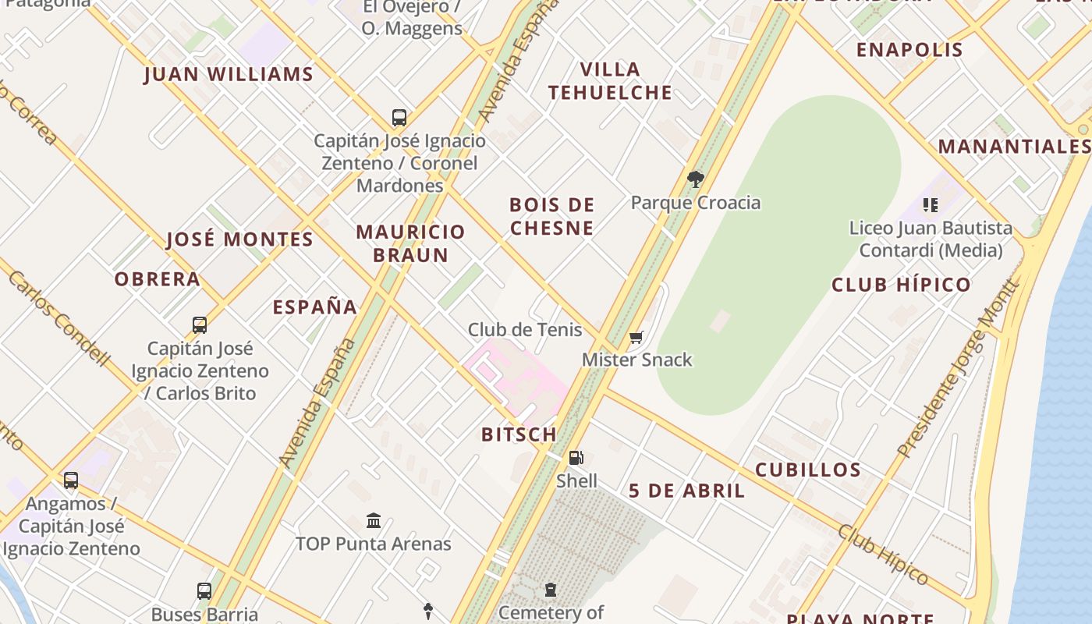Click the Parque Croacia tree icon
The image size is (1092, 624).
[695, 179]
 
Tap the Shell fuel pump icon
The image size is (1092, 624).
[576, 458]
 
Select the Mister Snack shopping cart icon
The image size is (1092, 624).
[636, 338]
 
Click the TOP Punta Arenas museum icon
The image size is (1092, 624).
[374, 520]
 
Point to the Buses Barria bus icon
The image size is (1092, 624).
[204, 591]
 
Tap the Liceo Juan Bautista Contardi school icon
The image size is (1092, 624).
[930, 205]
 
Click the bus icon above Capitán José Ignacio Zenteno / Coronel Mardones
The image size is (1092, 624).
[399, 118]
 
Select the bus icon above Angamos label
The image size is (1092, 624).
[71, 480]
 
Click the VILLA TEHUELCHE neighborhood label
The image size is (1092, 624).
[610, 81]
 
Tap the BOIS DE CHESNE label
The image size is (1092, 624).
[552, 216]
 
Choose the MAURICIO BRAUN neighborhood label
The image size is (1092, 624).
[410, 243]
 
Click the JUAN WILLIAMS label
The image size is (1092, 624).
[229, 75]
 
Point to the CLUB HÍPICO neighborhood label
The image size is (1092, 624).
[901, 285]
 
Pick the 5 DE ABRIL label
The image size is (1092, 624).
[686, 491]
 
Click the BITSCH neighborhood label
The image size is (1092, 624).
[519, 434]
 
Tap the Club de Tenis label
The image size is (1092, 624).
[525, 330]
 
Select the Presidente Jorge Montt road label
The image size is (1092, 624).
[959, 368]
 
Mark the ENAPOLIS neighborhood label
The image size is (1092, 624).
[909, 50]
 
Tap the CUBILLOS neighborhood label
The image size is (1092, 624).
[808, 470]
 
